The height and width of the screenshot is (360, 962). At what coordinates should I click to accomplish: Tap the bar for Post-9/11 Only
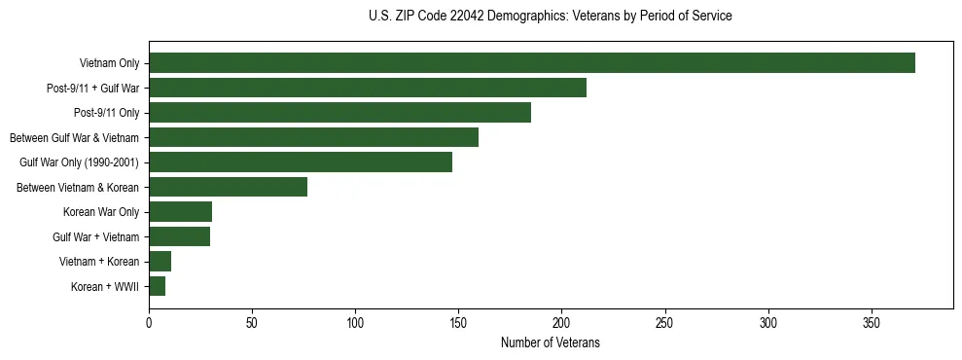[339, 113]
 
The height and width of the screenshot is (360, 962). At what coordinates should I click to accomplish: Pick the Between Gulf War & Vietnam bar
[313, 137]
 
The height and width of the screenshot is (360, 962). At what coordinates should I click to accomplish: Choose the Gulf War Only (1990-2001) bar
[300, 162]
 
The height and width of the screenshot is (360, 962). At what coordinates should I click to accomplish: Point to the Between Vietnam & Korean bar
[228, 187]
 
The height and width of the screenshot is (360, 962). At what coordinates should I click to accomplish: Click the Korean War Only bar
[180, 212]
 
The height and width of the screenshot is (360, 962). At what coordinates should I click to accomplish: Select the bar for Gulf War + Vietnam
[179, 236]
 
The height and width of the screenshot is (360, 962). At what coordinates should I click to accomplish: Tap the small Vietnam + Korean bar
[160, 262]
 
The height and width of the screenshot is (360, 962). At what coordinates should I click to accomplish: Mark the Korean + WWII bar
[157, 286]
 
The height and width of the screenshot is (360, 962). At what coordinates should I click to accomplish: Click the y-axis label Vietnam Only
[110, 64]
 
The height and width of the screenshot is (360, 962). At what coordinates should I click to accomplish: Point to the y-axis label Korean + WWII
[105, 287]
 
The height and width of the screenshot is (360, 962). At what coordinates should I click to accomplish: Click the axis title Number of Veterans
[550, 343]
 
